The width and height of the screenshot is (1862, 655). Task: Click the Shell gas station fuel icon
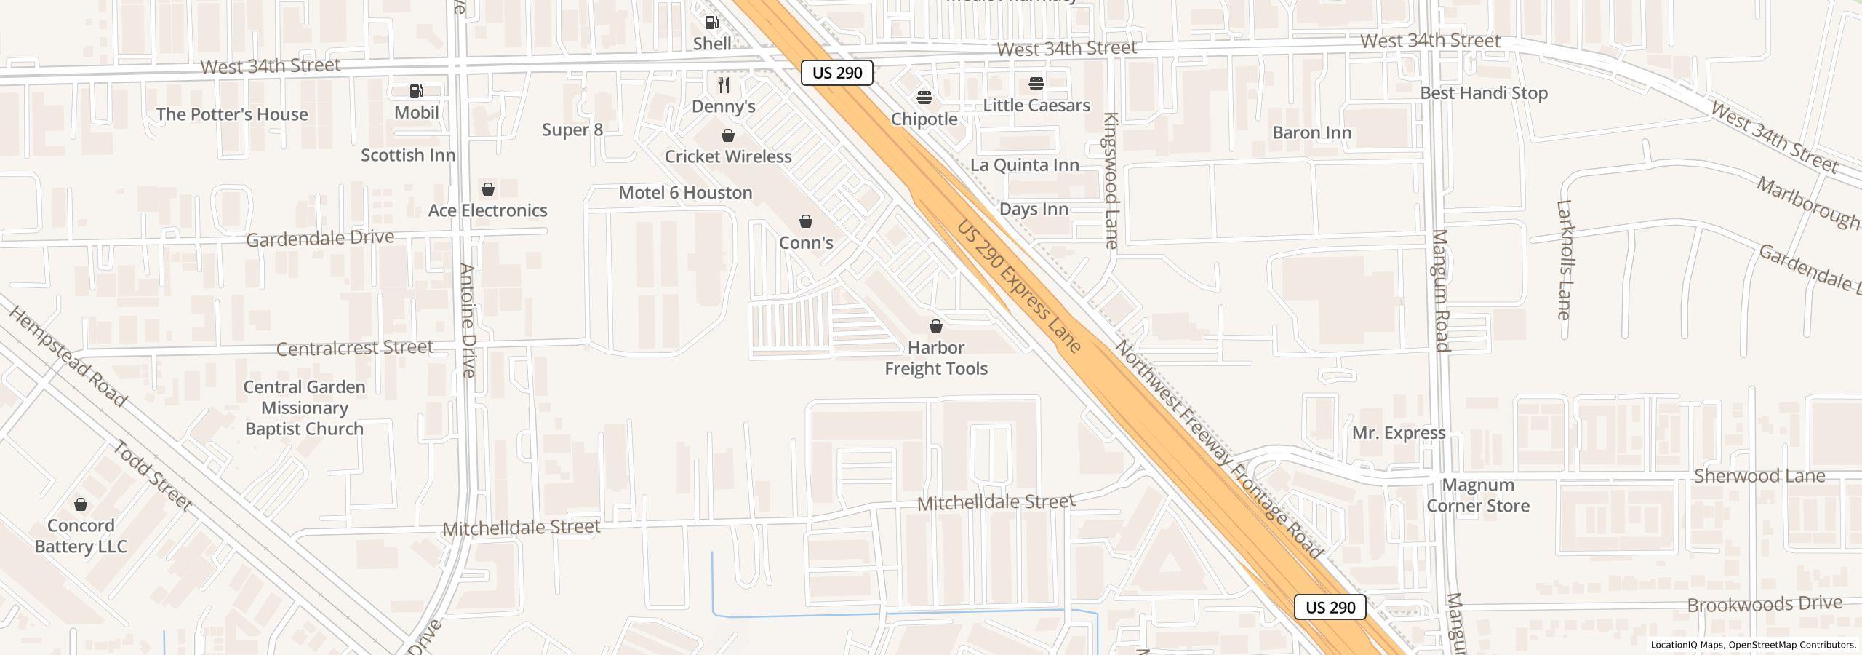(712, 23)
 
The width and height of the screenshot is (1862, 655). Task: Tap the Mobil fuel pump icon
(417, 91)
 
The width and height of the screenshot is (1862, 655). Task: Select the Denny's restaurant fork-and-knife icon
(724, 85)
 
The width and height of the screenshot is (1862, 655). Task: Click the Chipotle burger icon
(924, 98)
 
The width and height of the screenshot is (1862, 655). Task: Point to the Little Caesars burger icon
(1036, 84)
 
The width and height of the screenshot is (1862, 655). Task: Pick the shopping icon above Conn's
(806, 221)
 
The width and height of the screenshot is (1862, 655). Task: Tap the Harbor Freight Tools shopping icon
(936, 326)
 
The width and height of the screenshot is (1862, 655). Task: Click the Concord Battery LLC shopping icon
(81, 504)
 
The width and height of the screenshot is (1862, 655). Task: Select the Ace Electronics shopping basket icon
(488, 189)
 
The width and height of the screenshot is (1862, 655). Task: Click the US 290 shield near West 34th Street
(837, 73)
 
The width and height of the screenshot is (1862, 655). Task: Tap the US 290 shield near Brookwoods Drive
(1330, 608)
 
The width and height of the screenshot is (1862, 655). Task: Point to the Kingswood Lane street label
(1111, 180)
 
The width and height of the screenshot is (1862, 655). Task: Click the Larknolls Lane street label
(1565, 260)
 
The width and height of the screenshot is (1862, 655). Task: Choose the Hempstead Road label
(68, 354)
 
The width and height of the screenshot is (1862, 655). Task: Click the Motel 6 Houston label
(685, 193)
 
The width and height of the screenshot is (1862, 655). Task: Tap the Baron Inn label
(1312, 133)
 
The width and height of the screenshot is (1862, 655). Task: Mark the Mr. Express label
(1399, 433)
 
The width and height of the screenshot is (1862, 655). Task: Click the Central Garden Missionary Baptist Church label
(304, 408)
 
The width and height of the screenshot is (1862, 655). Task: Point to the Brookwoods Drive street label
(1765, 605)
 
